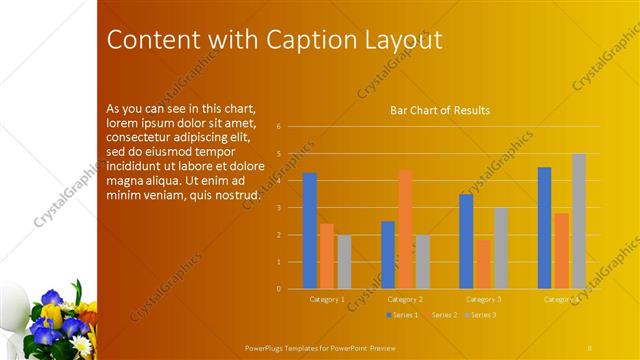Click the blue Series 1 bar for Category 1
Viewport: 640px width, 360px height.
[310, 231]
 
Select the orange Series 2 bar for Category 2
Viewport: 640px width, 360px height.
[405, 229]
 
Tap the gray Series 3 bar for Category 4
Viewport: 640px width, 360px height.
[579, 221]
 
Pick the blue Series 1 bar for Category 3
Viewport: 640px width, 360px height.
[466, 241]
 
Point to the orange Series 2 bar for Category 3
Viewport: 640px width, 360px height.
[484, 264]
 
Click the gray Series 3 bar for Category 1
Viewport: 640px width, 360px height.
[344, 262]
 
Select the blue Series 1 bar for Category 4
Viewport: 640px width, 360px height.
[544, 228]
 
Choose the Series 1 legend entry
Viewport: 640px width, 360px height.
[402, 315]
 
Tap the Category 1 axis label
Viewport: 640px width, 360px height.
[327, 299]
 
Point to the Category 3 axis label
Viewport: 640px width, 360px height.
[484, 299]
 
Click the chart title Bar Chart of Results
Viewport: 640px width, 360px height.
[440, 110]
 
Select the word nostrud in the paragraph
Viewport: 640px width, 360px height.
[232, 193]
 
